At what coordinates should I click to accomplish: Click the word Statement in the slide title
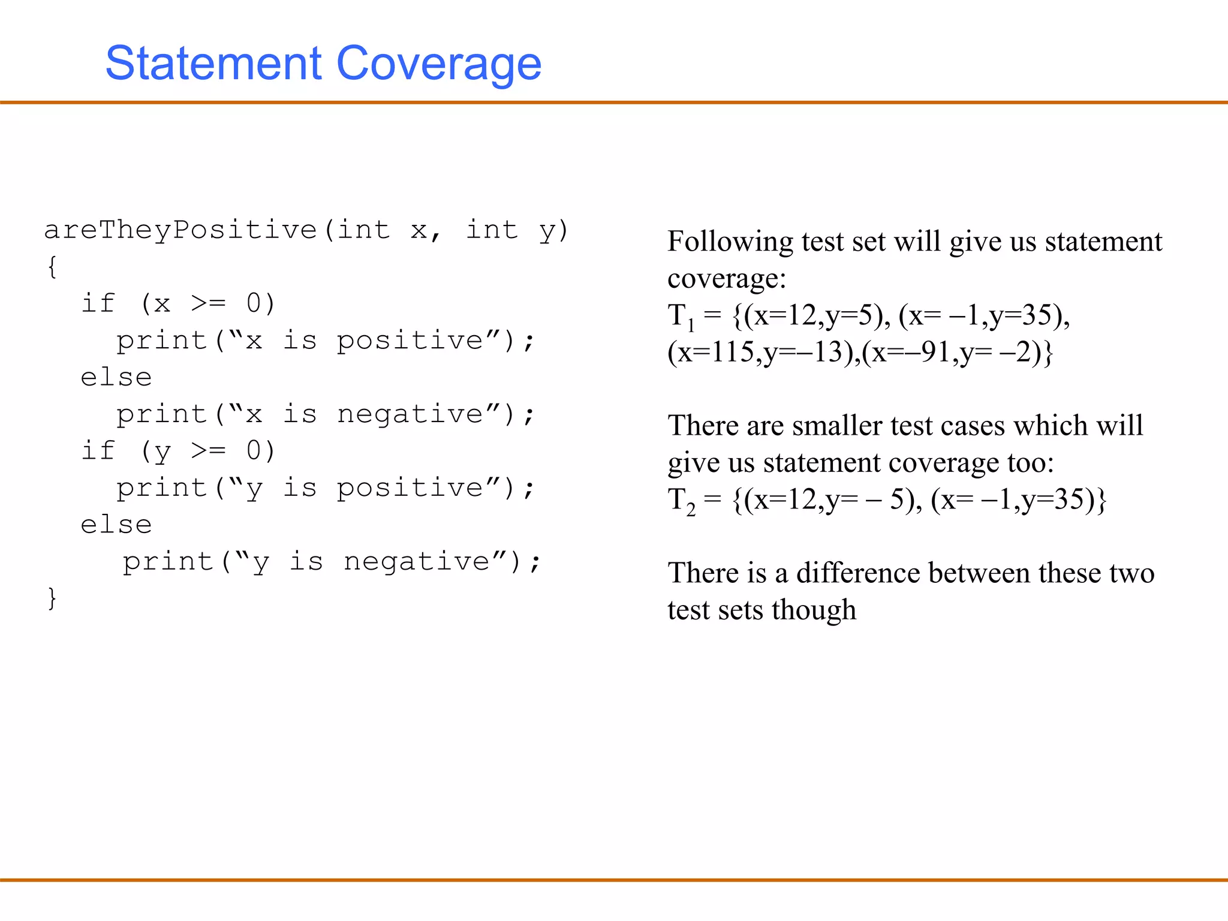213,64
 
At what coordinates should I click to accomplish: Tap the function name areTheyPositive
180,230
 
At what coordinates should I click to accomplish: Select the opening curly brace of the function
52,267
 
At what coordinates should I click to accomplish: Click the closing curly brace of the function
52,598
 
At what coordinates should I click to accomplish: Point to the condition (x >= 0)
207,304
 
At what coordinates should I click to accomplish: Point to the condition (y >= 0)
207,451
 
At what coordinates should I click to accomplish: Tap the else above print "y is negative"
116,525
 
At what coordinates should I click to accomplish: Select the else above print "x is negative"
116,378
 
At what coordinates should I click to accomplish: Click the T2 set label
681,501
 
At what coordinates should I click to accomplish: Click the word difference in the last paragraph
858,573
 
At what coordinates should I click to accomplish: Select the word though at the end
814,610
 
